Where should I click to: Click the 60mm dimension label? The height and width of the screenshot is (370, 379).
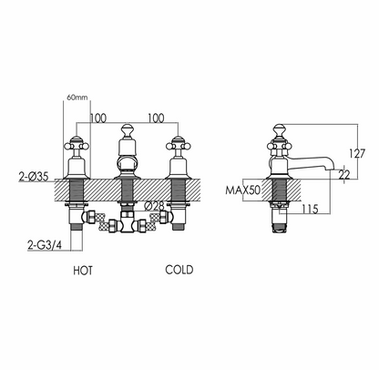coord(77,98)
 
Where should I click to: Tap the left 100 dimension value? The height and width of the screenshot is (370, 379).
coord(98,118)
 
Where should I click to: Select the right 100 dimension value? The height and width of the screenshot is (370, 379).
coord(156,118)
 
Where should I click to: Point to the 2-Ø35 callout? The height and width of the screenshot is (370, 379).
coord(34,176)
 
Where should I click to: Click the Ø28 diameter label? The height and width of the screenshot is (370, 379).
coord(154,206)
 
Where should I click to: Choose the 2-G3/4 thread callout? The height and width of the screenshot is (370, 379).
coord(45,245)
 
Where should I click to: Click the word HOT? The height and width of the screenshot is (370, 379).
coord(83,271)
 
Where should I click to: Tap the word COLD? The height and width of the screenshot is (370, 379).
coord(179,270)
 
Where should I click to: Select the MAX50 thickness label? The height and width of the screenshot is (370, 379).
coord(243,190)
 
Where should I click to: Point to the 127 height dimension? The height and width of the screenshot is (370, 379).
coord(357,153)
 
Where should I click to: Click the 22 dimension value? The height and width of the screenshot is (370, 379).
coord(344,175)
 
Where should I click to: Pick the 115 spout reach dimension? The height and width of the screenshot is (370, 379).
coord(310,209)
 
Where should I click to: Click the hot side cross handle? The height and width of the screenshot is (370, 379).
coord(77,146)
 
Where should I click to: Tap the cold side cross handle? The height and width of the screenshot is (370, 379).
coord(178,146)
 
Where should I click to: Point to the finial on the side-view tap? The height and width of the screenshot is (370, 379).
coord(280,130)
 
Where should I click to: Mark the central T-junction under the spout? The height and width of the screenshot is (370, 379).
coord(127,222)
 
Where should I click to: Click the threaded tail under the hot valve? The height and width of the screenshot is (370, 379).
coord(76,228)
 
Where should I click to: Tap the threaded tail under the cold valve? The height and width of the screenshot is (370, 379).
coord(178,227)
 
